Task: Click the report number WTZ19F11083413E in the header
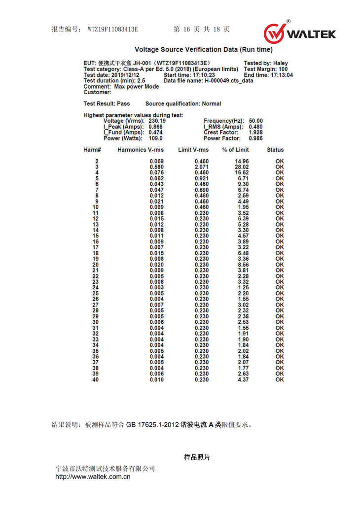coord(113,29)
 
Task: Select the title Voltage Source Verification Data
coord(203,50)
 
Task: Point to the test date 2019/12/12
coord(126,75)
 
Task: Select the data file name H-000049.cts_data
coord(229,81)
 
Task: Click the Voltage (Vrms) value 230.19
coord(157,121)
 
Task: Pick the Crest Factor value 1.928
coord(255,133)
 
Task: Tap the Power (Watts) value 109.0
coord(155,138)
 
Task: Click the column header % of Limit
coord(235,150)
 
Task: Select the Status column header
coord(275,150)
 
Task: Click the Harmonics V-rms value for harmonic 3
coord(157,167)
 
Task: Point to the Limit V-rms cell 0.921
coord(202,178)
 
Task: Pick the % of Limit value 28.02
coord(242,167)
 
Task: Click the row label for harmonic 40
coord(96,380)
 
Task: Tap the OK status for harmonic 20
coord(280,265)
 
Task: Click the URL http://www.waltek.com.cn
coord(93,476)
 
